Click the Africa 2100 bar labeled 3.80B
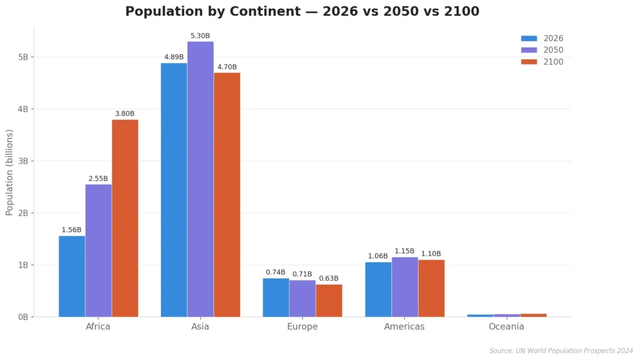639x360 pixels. point(125,218)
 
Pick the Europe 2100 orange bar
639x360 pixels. point(329,301)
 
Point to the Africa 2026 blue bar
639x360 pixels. point(72,276)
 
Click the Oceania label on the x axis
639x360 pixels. point(506,327)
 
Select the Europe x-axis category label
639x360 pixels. point(302,327)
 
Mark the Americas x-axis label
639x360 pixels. point(404,327)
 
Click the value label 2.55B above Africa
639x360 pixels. point(98,178)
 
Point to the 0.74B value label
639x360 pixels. point(275,273)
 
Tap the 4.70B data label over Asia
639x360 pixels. point(227,67)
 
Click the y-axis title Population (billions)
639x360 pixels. point(9,172)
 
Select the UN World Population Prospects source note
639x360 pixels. point(561,351)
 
